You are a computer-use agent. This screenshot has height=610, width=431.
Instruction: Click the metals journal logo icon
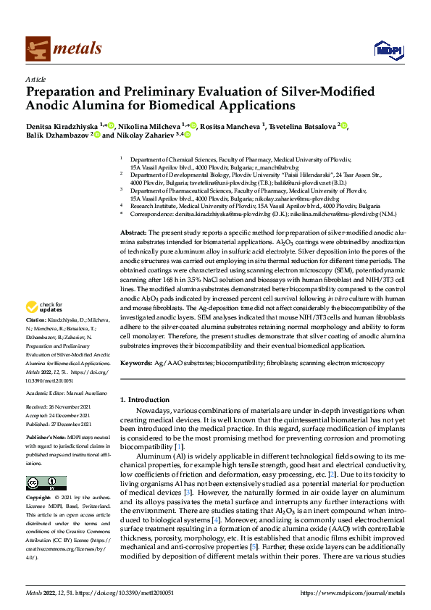[x=38, y=49]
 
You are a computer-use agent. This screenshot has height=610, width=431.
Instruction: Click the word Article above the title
[x=35, y=79]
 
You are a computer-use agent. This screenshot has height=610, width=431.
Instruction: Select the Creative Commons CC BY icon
[x=37, y=482]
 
